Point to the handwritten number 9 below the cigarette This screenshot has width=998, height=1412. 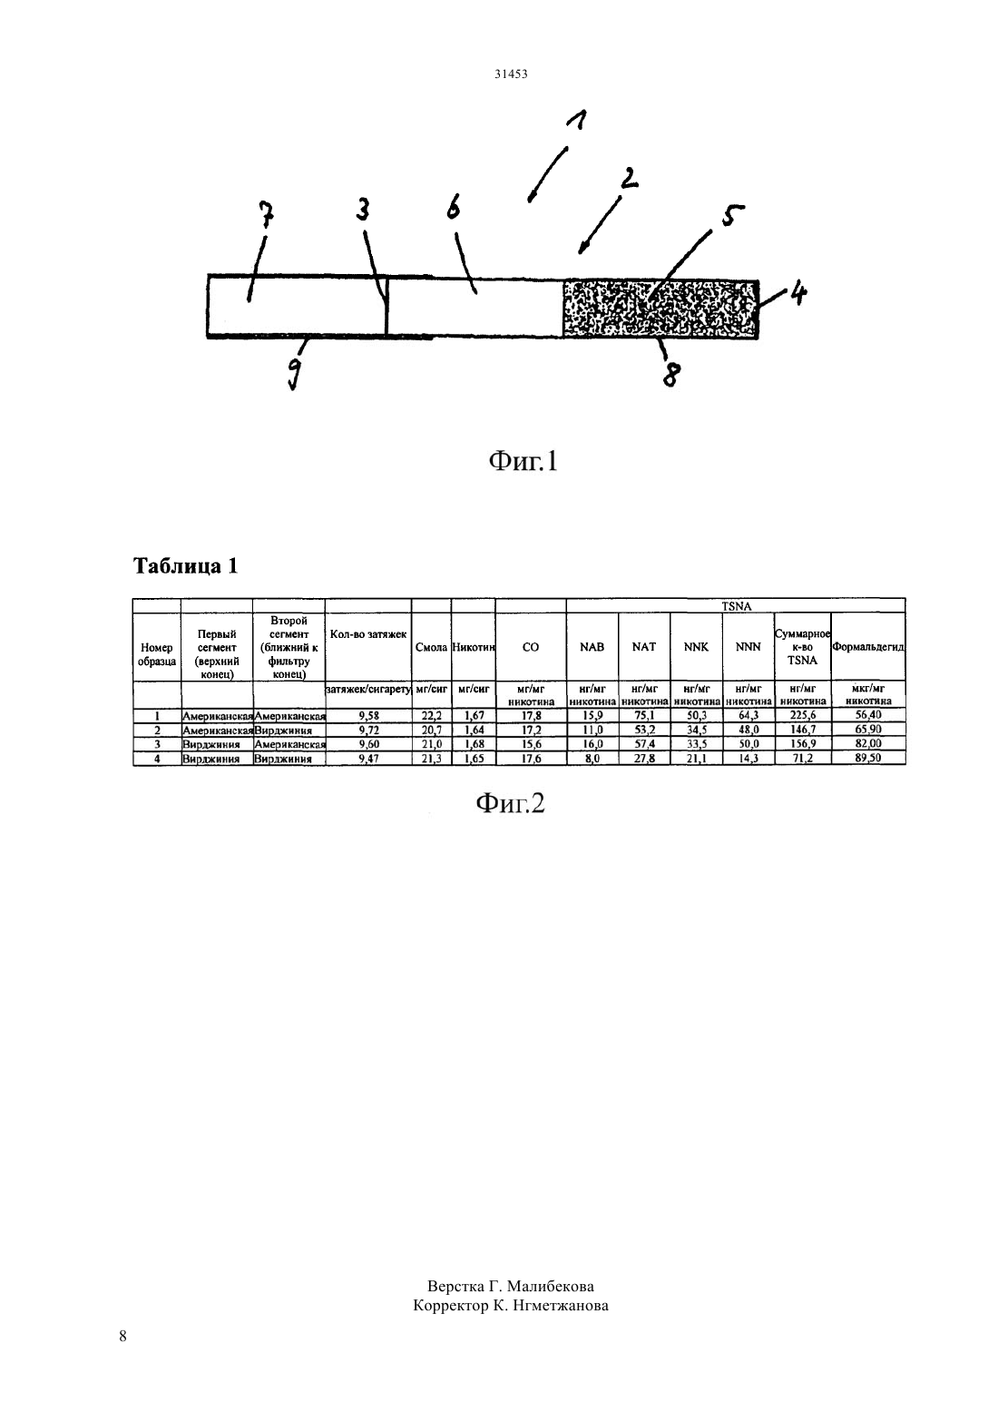(295, 374)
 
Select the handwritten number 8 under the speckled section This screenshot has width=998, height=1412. (671, 374)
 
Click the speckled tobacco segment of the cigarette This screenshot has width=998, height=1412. (660, 309)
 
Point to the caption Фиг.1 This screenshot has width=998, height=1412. (523, 461)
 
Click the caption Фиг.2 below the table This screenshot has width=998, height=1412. (510, 803)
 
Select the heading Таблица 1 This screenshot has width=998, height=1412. (186, 565)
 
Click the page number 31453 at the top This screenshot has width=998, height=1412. (511, 74)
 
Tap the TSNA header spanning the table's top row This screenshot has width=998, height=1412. (736, 606)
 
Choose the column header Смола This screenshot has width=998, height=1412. (431, 647)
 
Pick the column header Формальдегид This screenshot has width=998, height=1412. (868, 647)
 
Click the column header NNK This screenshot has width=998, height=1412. (696, 647)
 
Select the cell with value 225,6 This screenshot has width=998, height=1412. (803, 715)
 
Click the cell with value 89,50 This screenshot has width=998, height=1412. (868, 759)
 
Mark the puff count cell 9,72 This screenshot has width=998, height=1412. (368, 730)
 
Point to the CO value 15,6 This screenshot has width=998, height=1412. (531, 744)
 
